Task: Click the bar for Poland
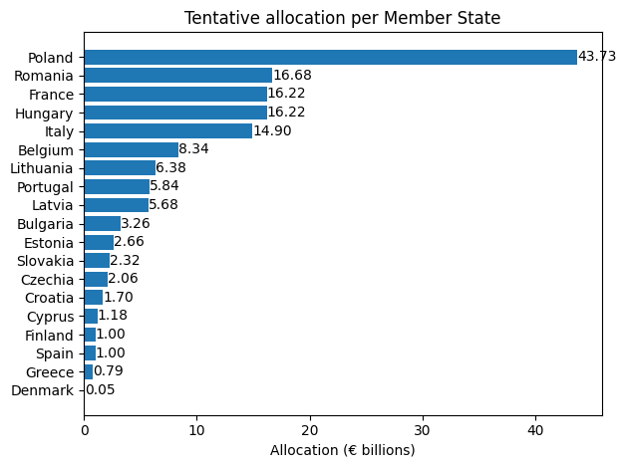pos(330,57)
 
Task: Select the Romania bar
pos(177,76)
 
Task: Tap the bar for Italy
pos(167,131)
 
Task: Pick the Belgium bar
pos(131,149)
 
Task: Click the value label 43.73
pos(597,57)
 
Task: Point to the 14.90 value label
pos(272,131)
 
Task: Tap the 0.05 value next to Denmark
pos(100,390)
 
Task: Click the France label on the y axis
pos(51,95)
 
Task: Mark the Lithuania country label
pos(42,168)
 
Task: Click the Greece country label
pos(50,371)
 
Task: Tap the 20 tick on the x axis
pos(310,431)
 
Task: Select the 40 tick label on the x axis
pos(536,431)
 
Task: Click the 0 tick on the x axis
pos(85,431)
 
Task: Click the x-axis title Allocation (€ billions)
pos(342,450)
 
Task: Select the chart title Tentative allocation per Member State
pos(342,18)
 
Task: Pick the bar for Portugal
pos(117,186)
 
